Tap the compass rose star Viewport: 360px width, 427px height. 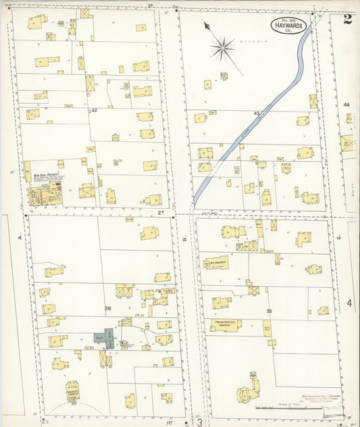click(222, 48)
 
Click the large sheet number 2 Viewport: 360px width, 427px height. click(347, 19)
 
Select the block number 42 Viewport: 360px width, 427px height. click(94, 110)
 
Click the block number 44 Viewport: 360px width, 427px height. click(346, 105)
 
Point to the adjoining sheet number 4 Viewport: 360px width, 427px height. click(349, 303)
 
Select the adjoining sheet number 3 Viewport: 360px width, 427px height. click(200, 422)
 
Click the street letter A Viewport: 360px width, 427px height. click(20, 238)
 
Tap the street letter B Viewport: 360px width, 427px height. click(183, 238)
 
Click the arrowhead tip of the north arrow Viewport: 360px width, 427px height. click(205, 24)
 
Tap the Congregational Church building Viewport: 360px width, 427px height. click(72, 391)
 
